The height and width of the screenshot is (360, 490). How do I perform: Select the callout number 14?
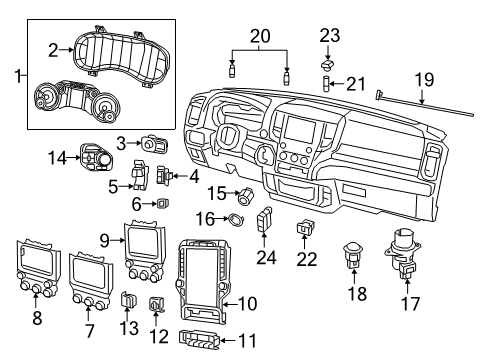tap(58, 156)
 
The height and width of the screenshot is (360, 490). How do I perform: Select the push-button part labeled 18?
tap(352, 256)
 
